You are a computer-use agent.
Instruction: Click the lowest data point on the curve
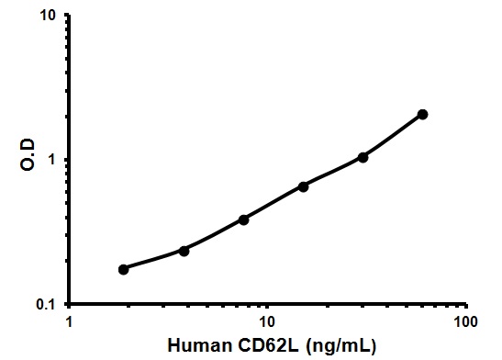(x=124, y=269)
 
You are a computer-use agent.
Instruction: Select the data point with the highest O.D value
(x=423, y=115)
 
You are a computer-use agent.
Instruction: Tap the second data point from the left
(x=184, y=251)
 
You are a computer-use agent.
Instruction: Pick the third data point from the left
(x=244, y=219)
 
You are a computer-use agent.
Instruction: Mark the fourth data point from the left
(x=304, y=186)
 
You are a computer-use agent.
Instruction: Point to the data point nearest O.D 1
(x=363, y=157)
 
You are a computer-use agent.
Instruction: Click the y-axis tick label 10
(x=50, y=17)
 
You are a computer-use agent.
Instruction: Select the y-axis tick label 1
(x=54, y=160)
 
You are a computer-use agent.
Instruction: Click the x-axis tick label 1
(x=70, y=322)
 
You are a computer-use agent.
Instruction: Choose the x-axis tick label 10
(x=267, y=322)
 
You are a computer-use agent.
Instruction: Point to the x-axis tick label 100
(x=466, y=322)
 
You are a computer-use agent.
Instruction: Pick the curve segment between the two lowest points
(x=154, y=261)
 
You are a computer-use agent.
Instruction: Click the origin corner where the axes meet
(x=70, y=304)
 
